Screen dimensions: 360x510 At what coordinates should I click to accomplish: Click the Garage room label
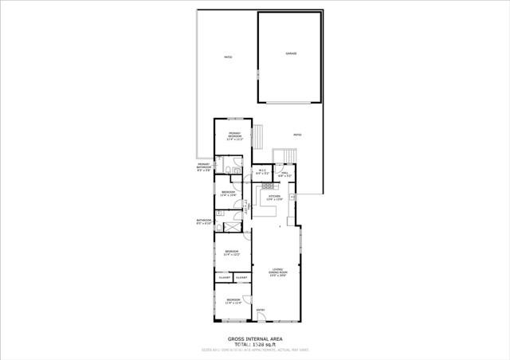point(291,53)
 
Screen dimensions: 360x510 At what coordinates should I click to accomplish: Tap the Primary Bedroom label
point(235,135)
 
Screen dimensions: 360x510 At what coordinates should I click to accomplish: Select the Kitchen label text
point(274,197)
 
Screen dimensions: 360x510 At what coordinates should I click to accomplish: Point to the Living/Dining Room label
point(277,272)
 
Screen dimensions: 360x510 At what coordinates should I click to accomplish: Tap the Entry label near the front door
point(260,311)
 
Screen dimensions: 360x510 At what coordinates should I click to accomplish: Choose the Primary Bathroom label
point(203,167)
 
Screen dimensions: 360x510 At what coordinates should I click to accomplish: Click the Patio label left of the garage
point(227,57)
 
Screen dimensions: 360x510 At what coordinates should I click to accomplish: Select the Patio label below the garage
point(296,135)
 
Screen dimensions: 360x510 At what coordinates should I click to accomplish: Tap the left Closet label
point(225,277)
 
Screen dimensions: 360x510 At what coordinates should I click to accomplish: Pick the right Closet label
point(241,277)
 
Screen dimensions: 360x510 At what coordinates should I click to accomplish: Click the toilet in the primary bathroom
point(227,171)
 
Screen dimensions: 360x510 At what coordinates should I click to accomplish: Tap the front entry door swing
point(261,319)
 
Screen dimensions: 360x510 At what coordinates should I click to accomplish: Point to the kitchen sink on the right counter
point(292,196)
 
